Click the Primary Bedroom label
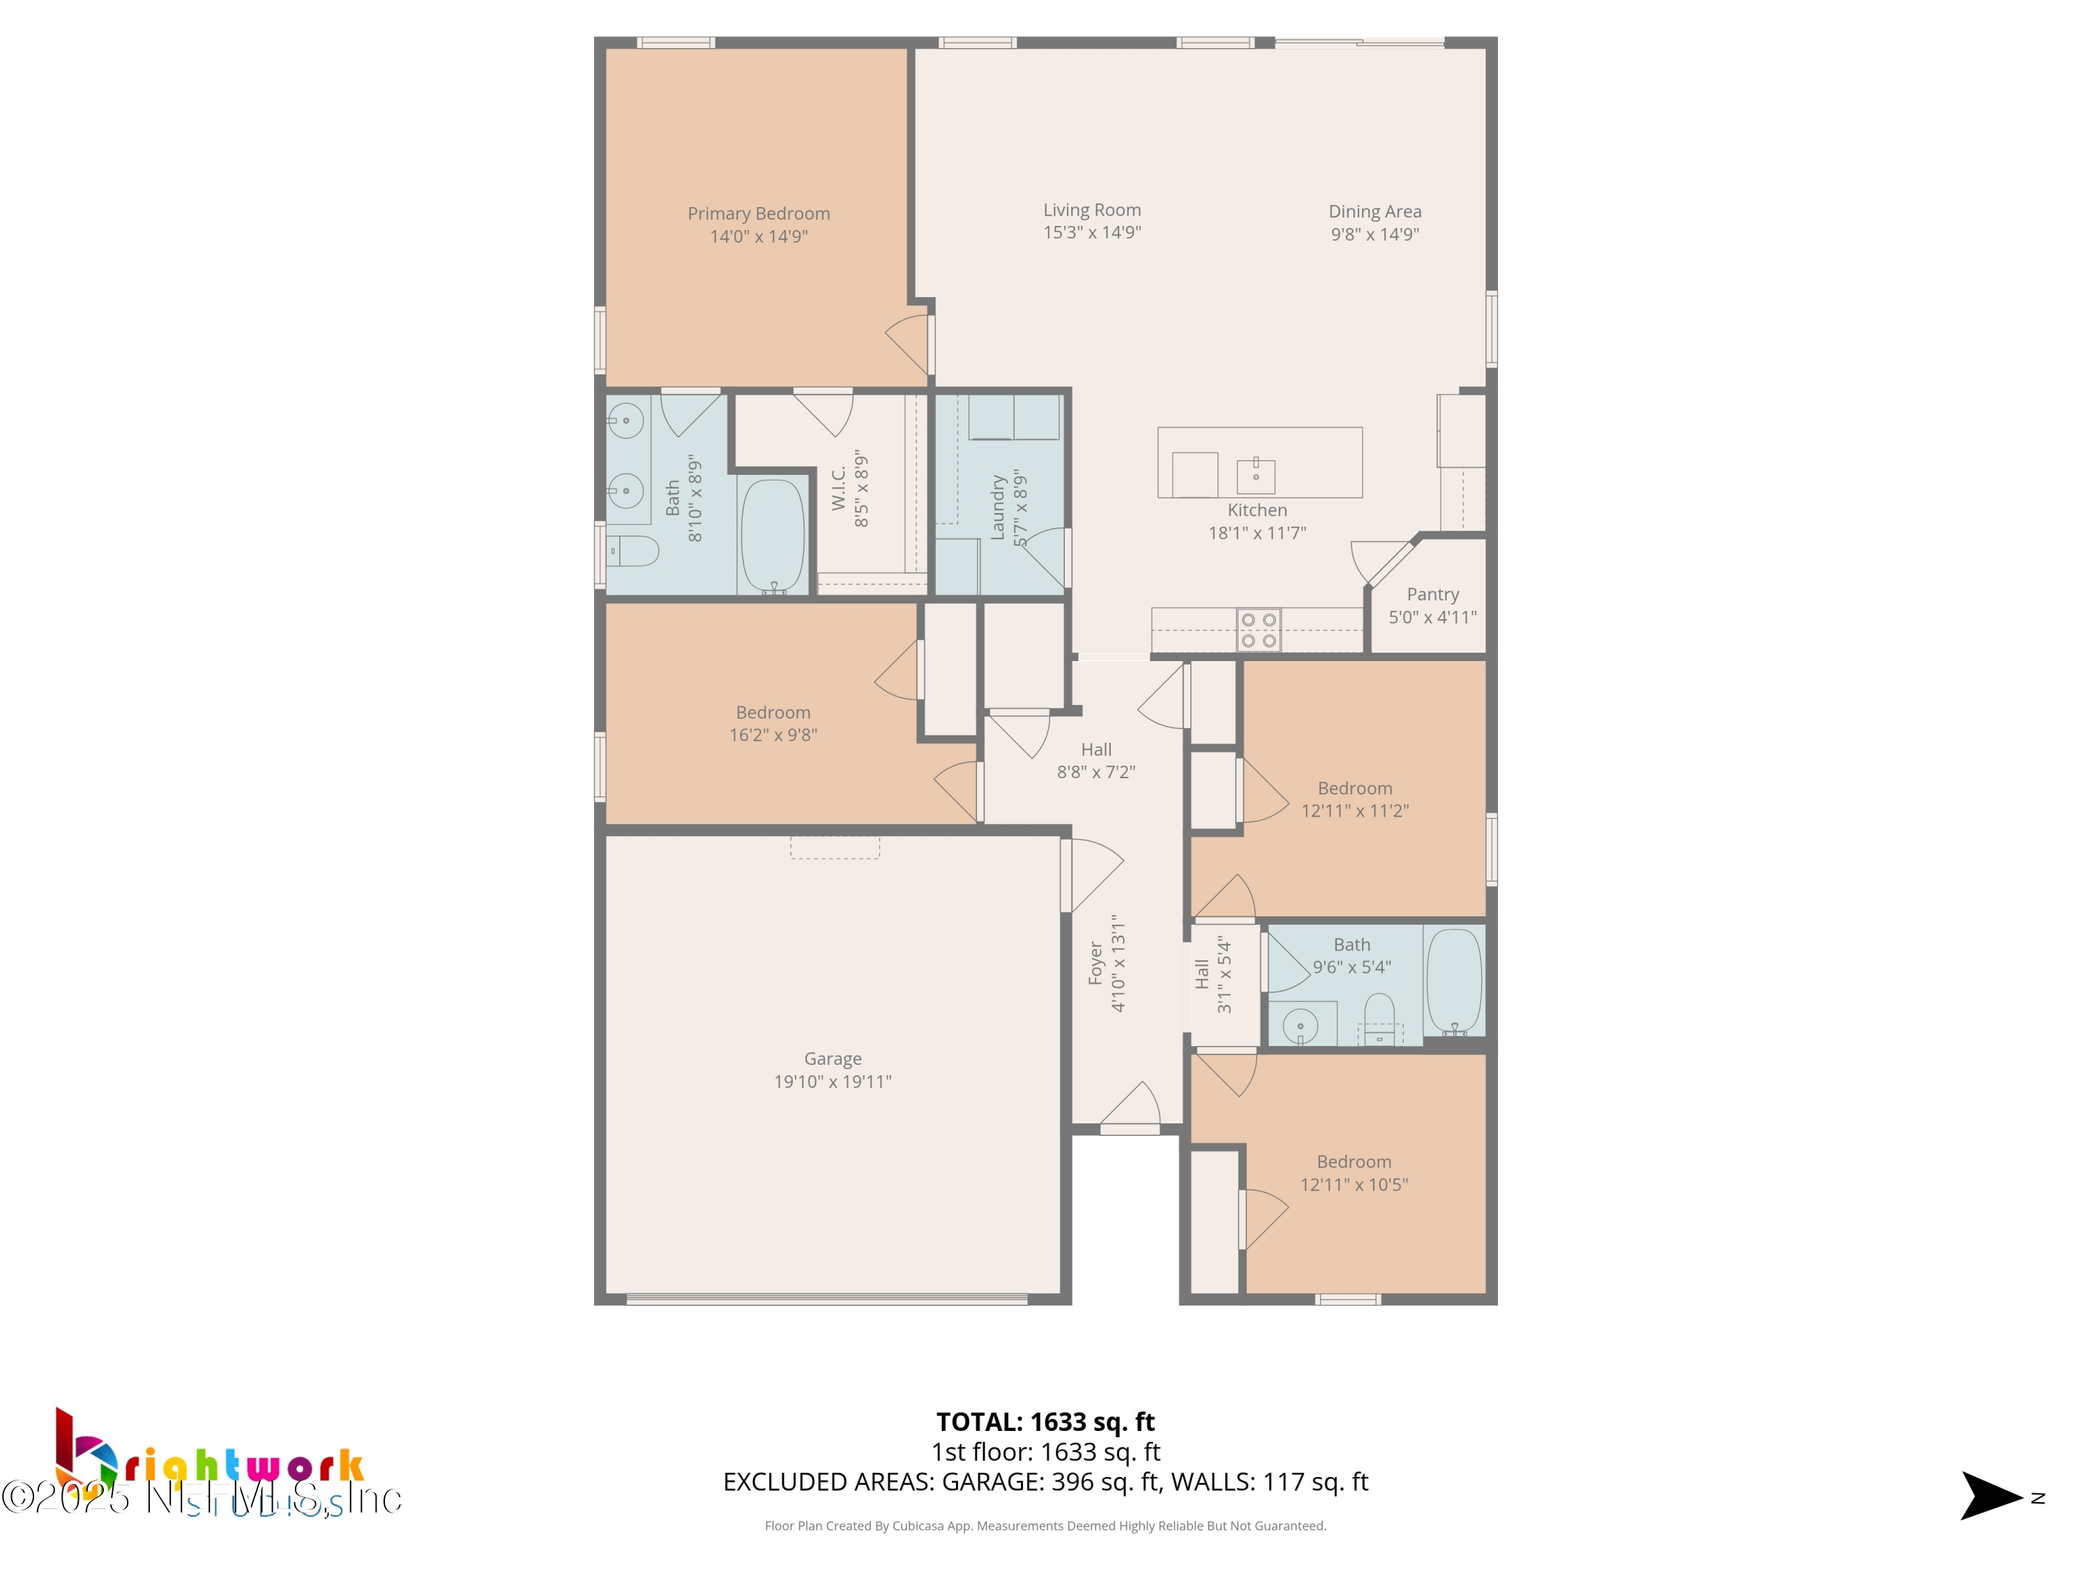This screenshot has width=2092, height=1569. pyautogui.click(x=759, y=214)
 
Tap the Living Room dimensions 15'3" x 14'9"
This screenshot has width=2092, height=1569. pyautogui.click(x=1091, y=233)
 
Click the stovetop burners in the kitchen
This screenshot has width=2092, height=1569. pyautogui.click(x=1259, y=630)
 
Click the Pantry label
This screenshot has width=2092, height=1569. pyautogui.click(x=1432, y=594)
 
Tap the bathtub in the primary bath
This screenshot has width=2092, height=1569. pyautogui.click(x=773, y=536)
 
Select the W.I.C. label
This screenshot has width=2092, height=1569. pyautogui.click(x=839, y=488)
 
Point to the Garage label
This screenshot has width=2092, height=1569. pyautogui.click(x=832, y=1059)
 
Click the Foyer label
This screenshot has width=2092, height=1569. pyautogui.click(x=1096, y=963)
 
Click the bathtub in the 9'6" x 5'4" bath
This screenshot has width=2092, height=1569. pyautogui.click(x=1454, y=980)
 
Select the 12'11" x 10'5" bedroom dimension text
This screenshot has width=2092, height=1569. pyautogui.click(x=1354, y=1184)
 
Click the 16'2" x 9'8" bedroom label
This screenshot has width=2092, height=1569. pyautogui.click(x=773, y=712)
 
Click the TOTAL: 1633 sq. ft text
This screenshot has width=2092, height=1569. pyautogui.click(x=1045, y=1421)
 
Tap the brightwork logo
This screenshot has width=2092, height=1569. pyautogui.click(x=208, y=1466)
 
